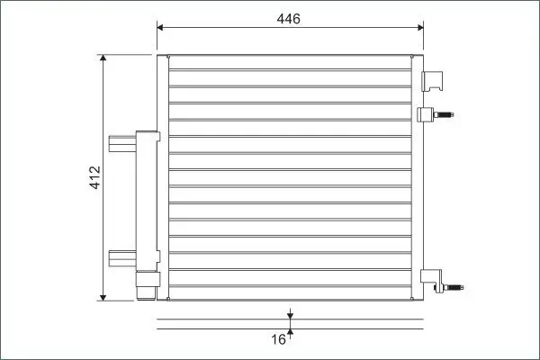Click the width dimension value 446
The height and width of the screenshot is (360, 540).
pos(289,19)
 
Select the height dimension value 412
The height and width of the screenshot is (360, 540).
pos(95,177)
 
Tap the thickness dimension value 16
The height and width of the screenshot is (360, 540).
pos(279,339)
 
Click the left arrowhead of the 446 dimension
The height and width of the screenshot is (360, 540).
pos(160,28)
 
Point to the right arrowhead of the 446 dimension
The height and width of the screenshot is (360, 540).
pos(420,28)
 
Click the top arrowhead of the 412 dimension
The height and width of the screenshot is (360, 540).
pos(103,58)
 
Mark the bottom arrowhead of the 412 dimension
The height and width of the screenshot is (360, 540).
pos(103,297)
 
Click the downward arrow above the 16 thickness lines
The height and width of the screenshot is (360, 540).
pos(291,314)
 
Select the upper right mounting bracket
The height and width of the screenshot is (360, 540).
pos(432,81)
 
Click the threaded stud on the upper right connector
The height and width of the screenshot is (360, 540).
pos(444,114)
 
